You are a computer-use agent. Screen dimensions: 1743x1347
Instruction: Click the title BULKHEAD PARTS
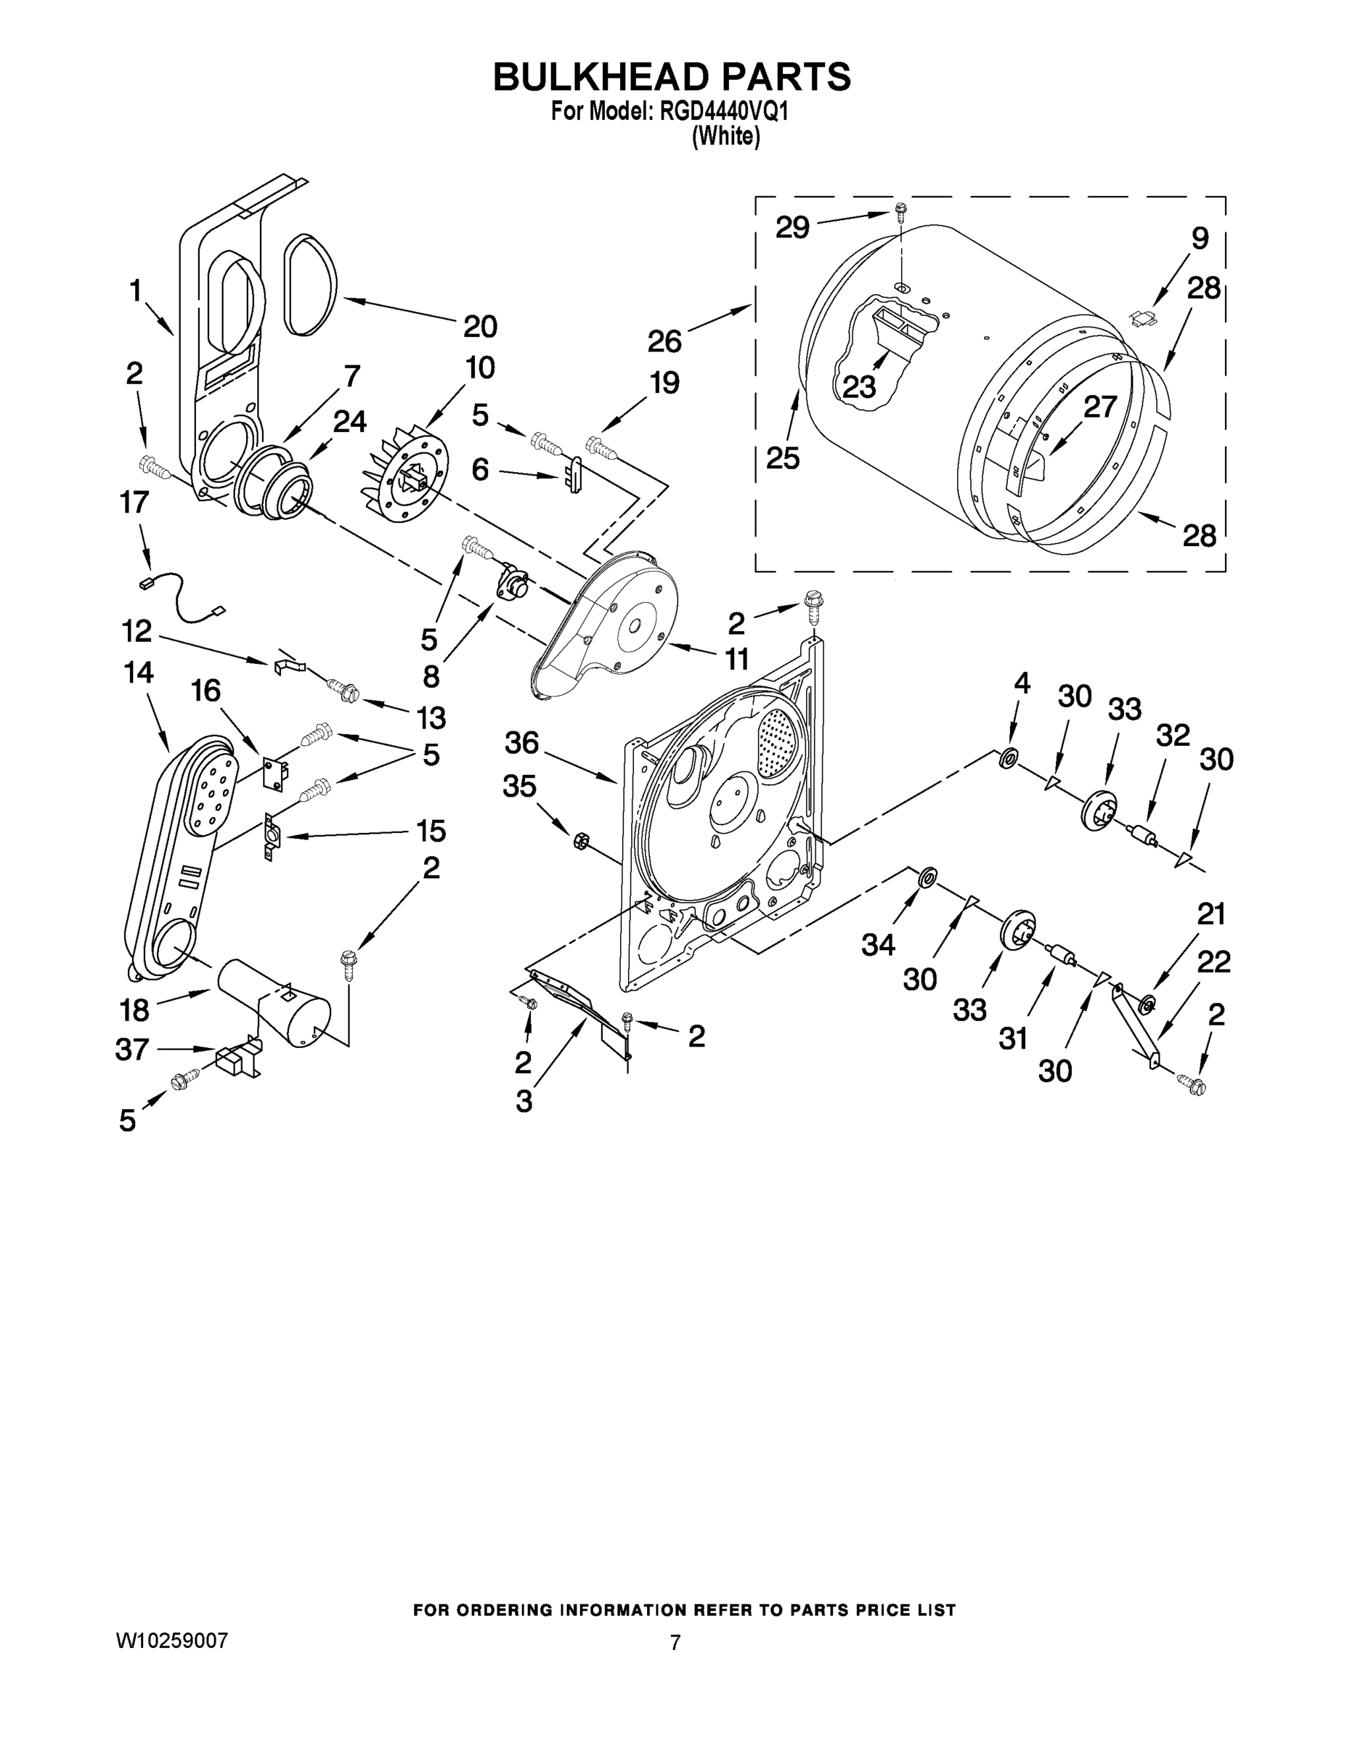point(672,78)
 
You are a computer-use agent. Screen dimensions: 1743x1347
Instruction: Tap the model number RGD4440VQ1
point(725,113)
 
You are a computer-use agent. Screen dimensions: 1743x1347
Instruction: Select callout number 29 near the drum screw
point(792,228)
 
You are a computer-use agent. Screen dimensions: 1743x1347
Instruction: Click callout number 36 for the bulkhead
point(522,744)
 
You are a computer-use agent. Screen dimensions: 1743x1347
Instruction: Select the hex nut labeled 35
point(581,840)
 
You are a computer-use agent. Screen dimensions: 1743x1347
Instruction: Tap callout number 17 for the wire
point(134,502)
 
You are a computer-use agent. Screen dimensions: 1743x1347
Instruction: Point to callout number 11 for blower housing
point(736,659)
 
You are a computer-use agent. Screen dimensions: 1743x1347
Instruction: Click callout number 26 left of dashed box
point(664,341)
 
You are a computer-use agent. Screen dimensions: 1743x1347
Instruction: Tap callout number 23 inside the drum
point(860,387)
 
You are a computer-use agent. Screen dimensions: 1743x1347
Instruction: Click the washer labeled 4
point(1009,758)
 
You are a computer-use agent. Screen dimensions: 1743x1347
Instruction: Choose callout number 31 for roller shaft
point(1013,1039)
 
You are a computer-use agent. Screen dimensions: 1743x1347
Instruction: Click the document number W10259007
point(171,1641)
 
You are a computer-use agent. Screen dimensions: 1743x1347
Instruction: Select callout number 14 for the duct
point(139,673)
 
